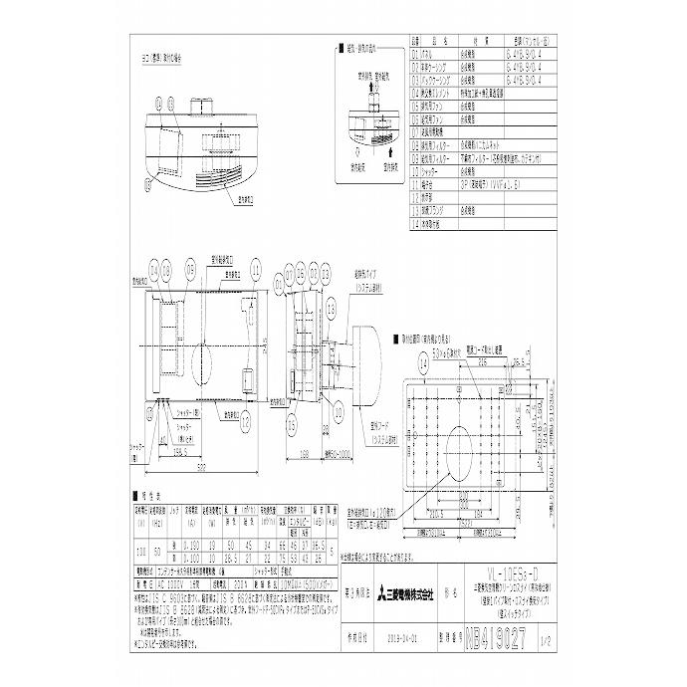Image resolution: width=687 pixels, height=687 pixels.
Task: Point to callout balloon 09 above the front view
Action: [189, 269]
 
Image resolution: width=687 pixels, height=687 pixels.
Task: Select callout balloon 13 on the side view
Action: [290, 423]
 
